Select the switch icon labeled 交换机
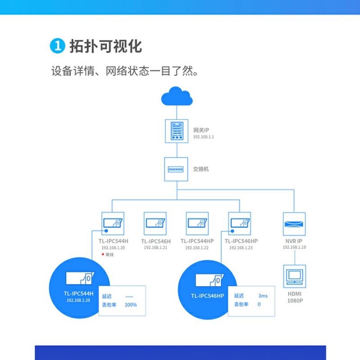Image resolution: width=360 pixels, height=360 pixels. (176, 169)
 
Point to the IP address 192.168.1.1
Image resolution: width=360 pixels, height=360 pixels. (203, 137)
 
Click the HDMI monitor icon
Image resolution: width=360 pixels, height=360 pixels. (295, 276)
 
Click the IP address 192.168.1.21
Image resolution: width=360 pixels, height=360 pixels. (155, 247)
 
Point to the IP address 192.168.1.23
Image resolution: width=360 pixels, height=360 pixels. (241, 247)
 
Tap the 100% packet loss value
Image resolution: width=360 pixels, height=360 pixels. (130, 305)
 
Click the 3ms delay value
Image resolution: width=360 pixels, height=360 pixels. (263, 296)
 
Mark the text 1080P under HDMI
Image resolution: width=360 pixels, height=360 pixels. (295, 300)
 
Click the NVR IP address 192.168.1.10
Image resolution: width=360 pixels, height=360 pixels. (294, 247)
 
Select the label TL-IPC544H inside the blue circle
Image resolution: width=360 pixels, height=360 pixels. (78, 293)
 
